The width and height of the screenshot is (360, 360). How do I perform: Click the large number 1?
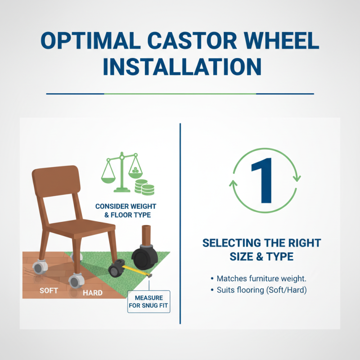pos(262,180)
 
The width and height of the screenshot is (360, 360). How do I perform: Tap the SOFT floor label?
pos(49,291)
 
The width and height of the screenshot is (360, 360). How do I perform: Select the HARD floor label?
pos(93,293)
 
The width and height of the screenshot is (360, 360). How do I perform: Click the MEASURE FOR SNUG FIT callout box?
pos(148,302)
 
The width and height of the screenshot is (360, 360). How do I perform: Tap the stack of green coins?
pos(144,187)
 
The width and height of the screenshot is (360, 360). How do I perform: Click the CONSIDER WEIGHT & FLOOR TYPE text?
pos(123,211)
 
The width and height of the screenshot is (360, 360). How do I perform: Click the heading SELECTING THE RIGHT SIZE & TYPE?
pos(261,250)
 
